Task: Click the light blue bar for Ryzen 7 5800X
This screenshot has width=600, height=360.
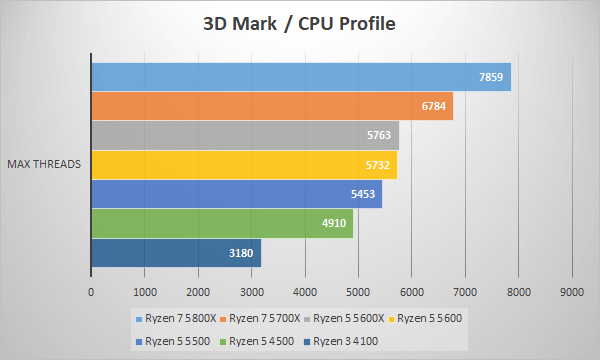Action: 300,77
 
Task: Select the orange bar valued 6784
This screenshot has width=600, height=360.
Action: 271,106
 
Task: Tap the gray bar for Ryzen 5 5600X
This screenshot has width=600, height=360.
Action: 244,135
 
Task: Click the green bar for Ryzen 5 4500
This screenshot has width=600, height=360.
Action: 221,223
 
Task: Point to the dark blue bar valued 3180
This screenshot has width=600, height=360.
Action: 175,253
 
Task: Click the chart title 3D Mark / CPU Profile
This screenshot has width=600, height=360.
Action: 300,23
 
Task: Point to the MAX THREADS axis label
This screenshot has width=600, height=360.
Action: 44,164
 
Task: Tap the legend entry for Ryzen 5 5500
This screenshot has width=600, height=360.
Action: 176,341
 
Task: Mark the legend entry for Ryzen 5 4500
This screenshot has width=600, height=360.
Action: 262,341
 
